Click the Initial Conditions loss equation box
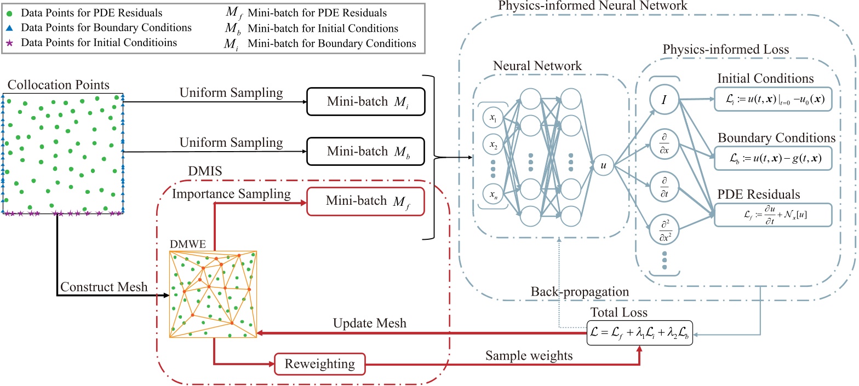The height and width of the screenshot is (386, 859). pos(772,100)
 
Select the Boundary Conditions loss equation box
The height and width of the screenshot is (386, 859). pos(772,157)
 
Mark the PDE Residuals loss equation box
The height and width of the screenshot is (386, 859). pos(772,215)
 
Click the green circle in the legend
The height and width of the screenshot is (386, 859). pos(13,12)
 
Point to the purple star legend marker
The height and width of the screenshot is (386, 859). pos(13,43)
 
